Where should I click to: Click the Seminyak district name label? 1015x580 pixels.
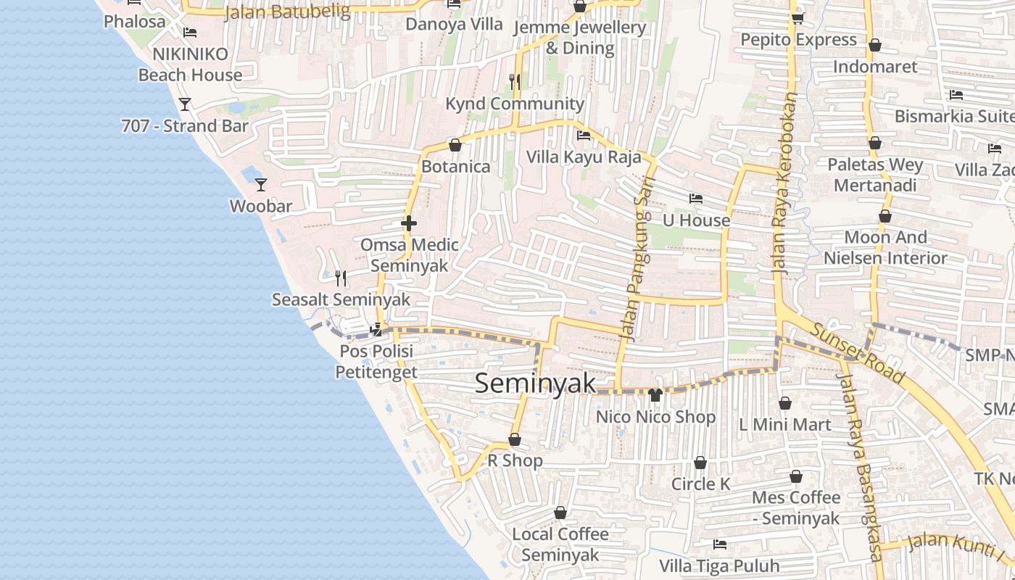[535, 384]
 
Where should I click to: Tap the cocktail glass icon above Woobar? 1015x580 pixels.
[261, 185]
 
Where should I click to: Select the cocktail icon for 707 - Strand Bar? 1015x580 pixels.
[185, 104]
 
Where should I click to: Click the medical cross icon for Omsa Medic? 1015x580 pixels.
[409, 223]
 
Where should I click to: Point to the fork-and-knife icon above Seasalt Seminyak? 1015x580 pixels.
[341, 278]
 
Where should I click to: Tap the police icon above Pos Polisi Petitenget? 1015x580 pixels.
[376, 330]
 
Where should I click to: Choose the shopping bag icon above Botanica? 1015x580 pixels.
[455, 146]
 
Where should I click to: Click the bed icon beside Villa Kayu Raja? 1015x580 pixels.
[584, 135]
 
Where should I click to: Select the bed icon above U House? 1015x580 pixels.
[696, 199]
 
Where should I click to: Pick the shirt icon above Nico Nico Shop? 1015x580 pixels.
[655, 395]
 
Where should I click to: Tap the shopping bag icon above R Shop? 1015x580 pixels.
[515, 439]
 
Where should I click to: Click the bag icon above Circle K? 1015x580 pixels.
[700, 463]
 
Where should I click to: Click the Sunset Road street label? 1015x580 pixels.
[857, 353]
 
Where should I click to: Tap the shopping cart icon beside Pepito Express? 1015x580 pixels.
[797, 19]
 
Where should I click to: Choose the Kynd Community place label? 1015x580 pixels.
[515, 104]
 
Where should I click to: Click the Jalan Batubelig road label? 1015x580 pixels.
[287, 12]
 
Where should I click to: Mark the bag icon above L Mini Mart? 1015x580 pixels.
[784, 403]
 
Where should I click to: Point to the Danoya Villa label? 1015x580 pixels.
[454, 24]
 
